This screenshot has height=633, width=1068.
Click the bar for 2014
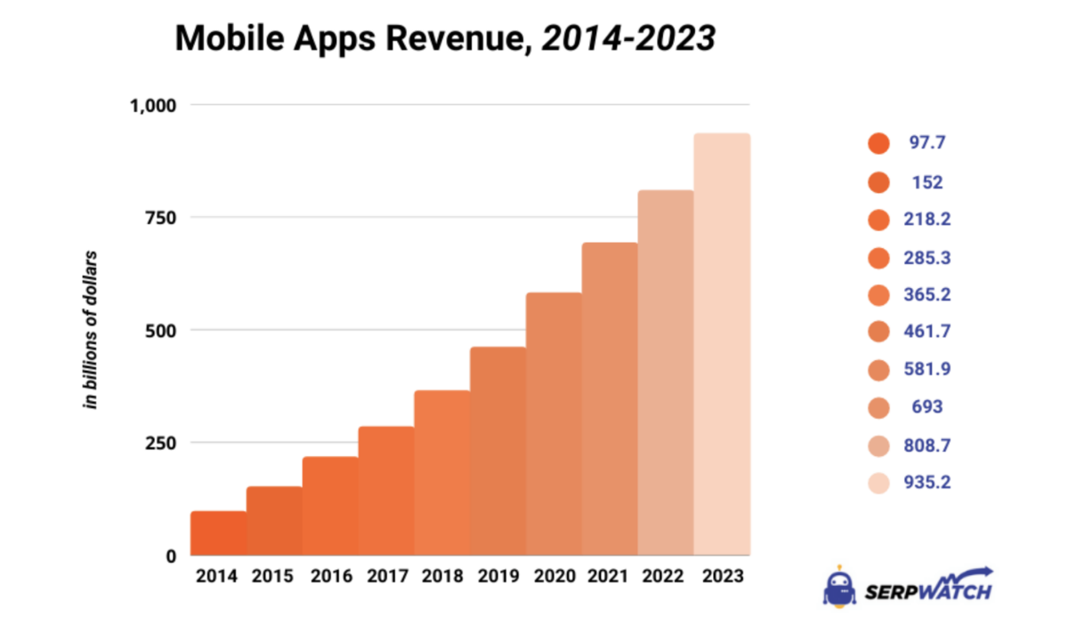(218, 533)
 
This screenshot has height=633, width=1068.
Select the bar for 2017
(386, 491)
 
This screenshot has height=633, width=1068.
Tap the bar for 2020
(554, 424)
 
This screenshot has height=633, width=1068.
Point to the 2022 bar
(666, 373)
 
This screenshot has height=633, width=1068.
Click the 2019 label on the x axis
(498, 575)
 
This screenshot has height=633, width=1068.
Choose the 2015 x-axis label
(273, 575)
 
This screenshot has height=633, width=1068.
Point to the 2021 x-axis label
(610, 575)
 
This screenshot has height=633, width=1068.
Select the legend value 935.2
(926, 483)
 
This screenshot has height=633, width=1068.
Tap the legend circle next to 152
(878, 182)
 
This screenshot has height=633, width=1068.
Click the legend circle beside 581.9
(878, 369)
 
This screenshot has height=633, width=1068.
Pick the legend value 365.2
(926, 294)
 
